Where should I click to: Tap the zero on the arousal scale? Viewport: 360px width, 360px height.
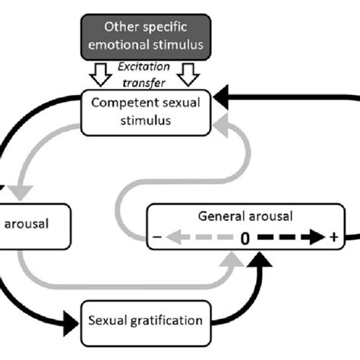point(245,238)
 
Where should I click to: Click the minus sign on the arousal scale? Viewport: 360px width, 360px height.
point(157,238)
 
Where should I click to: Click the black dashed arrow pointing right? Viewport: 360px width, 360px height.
point(289,238)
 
